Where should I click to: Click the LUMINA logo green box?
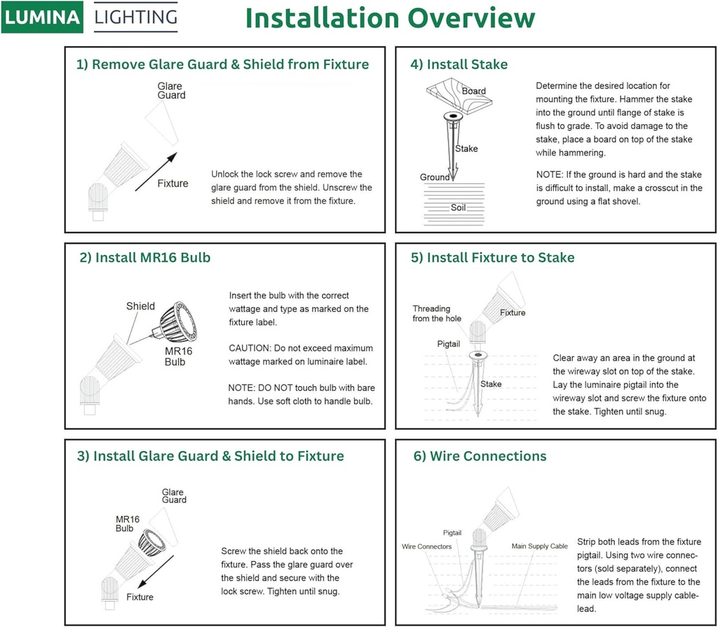pos(42,18)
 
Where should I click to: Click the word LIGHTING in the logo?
pos(135,18)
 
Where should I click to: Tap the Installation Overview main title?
pos(390,19)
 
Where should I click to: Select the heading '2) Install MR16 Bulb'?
pos(145,258)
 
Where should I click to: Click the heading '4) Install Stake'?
pos(459,64)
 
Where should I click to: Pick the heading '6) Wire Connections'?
pos(480,456)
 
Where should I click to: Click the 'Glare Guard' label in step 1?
pos(171,90)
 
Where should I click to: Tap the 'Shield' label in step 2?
pos(140,306)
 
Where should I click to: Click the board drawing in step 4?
pos(459,95)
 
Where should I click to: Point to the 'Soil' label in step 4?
pos(458,208)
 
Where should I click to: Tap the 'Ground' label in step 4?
pos(435,177)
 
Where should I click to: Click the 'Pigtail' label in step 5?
pos(449,344)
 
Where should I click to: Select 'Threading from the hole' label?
pos(437,313)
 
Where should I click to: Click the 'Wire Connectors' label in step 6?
pos(426,546)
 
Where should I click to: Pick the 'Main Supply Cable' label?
pos(540,546)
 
